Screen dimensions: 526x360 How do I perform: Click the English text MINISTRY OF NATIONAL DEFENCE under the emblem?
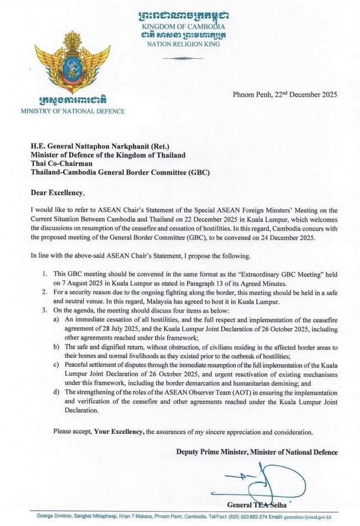point(72,111)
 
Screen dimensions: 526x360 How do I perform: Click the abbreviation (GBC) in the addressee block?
point(198,172)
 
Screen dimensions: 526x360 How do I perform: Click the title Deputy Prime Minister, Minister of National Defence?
point(256,452)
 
